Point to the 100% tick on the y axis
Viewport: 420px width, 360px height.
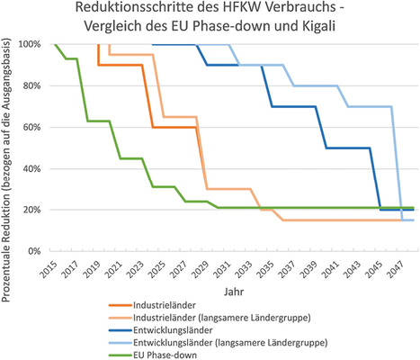(28, 44)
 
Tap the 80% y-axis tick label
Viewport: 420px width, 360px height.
(31, 85)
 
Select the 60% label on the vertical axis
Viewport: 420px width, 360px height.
(31, 127)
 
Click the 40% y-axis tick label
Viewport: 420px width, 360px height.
(31, 168)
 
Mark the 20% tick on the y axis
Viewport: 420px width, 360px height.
(31, 209)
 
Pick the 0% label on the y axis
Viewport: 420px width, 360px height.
(33, 250)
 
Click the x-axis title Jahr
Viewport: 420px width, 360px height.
(231, 292)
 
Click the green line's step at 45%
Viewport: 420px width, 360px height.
(131, 158)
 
